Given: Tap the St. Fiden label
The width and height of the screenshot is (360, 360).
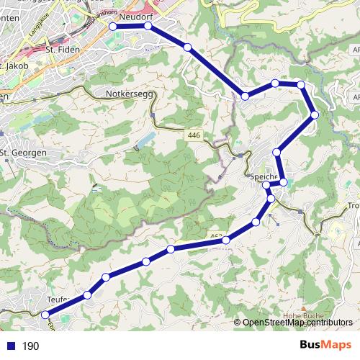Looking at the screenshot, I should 60,50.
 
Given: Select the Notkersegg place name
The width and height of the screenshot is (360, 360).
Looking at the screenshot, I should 126,94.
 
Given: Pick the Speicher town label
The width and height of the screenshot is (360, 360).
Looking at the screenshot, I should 264,177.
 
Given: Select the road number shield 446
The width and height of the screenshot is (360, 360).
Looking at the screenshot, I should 193,135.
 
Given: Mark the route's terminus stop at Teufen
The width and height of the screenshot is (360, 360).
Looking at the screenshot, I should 45,315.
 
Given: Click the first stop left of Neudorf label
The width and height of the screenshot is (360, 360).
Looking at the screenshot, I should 113,26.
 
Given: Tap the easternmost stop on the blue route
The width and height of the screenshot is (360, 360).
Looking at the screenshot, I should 315,115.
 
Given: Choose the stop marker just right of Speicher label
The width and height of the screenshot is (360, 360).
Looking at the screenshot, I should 284,182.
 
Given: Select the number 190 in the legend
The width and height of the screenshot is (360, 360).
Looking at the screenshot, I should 30,346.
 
